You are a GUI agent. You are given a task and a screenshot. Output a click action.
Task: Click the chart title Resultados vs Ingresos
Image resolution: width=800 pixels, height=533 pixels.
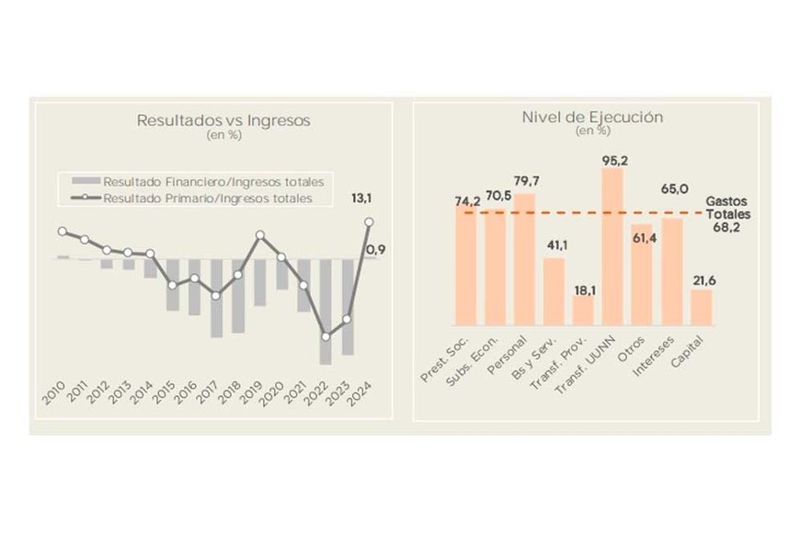pyautogui.click(x=223, y=120)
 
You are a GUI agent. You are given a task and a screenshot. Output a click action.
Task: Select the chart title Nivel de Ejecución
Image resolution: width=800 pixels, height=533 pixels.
pyautogui.click(x=592, y=118)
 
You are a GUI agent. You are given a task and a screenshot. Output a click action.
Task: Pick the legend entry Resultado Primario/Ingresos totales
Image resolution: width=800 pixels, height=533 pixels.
pyautogui.click(x=207, y=198)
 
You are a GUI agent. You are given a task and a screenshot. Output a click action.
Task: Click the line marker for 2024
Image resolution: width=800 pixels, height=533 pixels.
pyautogui.click(x=369, y=221)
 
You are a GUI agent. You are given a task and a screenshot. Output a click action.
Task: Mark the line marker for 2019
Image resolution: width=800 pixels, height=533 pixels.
pyautogui.click(x=259, y=235)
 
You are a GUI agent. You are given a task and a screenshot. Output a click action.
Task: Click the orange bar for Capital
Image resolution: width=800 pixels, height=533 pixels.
pyautogui.click(x=702, y=307)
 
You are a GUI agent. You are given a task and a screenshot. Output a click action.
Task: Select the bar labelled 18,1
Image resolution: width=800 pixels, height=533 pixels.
pyautogui.click(x=583, y=310)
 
